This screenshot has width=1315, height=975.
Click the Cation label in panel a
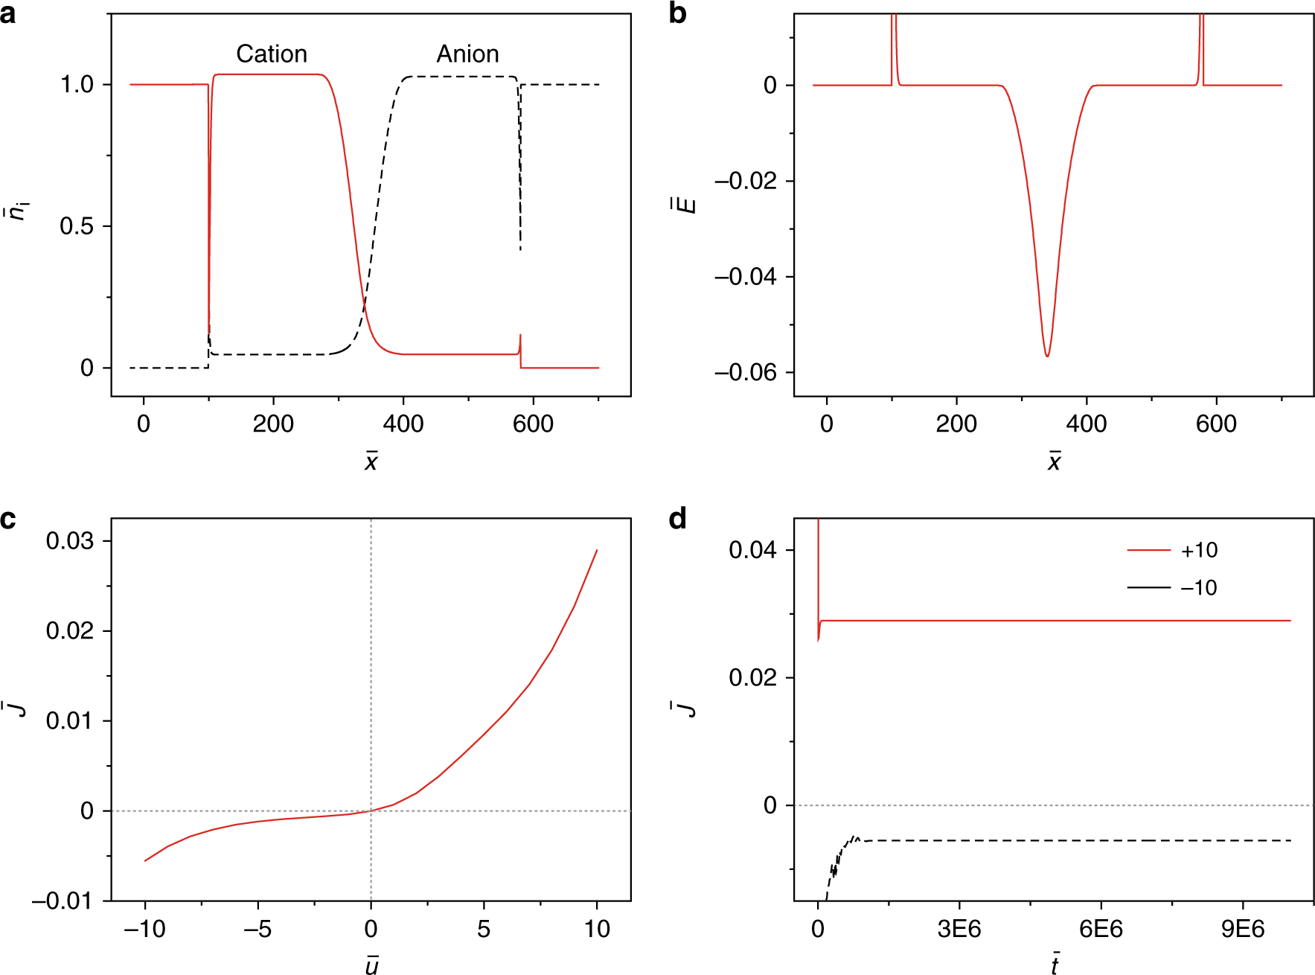pyautogui.click(x=271, y=54)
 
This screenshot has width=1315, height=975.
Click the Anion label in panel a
pyautogui.click(x=467, y=54)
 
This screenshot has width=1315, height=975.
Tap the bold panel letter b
pyautogui.click(x=677, y=13)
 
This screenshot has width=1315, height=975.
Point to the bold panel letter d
pyautogui.click(x=677, y=518)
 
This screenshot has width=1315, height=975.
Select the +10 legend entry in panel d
pyautogui.click(x=1198, y=550)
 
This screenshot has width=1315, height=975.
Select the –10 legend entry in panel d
pyautogui.click(x=1198, y=587)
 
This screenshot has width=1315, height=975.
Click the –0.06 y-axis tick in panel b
pyautogui.click(x=745, y=372)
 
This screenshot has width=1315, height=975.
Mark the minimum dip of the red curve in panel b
pyautogui.click(x=1047, y=357)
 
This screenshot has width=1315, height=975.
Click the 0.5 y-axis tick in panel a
pyautogui.click(x=77, y=226)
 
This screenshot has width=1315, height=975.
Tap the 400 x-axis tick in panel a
pyautogui.click(x=403, y=424)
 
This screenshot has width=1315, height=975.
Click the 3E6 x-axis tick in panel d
pyautogui.click(x=959, y=929)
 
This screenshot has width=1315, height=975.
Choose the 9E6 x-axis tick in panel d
pyautogui.click(x=1242, y=929)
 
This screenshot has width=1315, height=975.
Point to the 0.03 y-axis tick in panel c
pyautogui.click(x=69, y=540)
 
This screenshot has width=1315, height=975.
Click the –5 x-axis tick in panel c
pyautogui.click(x=257, y=929)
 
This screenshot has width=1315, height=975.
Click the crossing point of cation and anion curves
pyautogui.click(x=364, y=304)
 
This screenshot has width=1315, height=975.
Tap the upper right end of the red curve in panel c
pyautogui.click(x=597, y=551)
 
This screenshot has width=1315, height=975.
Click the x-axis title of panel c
pyautogui.click(x=371, y=965)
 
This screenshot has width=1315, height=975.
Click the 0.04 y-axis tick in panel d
pyautogui.click(x=752, y=550)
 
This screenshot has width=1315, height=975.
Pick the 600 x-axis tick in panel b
pyautogui.click(x=1216, y=424)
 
